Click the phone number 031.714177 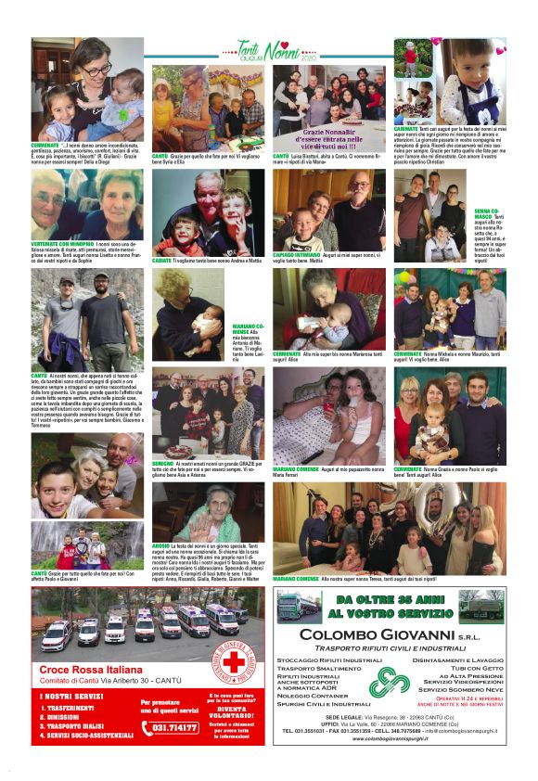[173, 727]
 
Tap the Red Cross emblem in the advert [235, 662]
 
